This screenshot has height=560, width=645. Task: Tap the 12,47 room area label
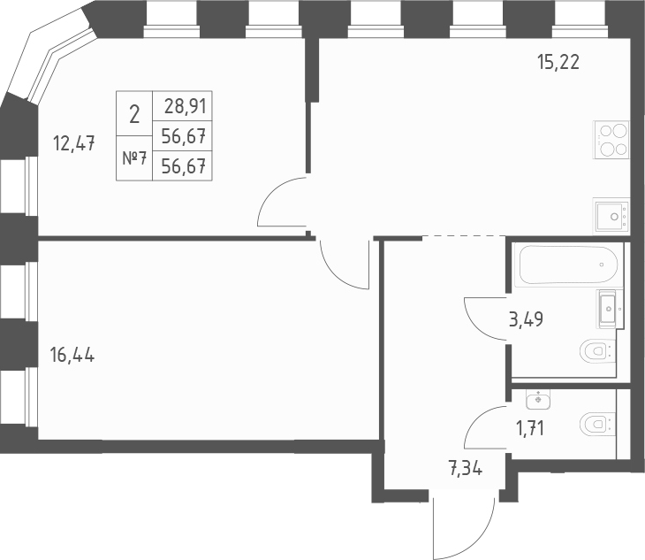(x=74, y=142)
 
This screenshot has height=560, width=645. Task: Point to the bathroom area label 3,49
(x=525, y=319)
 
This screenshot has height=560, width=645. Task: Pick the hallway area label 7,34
(x=467, y=469)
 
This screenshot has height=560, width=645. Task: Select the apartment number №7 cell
(x=133, y=158)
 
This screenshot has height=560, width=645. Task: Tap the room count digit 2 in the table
(x=133, y=113)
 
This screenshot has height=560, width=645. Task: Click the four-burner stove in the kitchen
(x=611, y=140)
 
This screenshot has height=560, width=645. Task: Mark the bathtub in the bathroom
(x=566, y=263)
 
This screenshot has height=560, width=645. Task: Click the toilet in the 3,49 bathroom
(x=596, y=352)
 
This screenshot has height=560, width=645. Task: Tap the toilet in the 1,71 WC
(x=596, y=426)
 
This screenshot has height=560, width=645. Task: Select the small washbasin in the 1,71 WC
(x=537, y=399)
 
